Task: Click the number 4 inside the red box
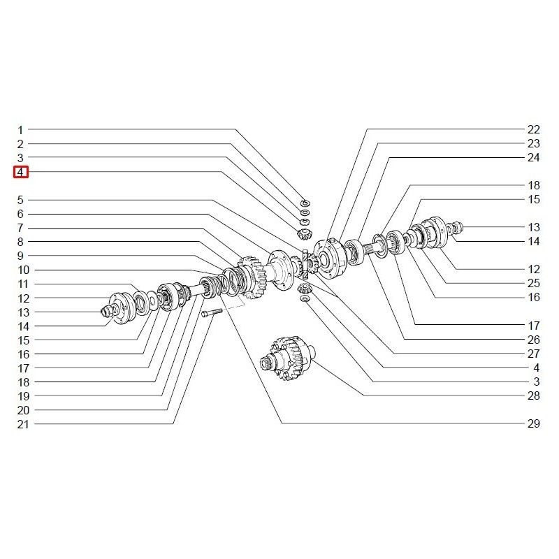(21, 172)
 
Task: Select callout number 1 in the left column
(20, 130)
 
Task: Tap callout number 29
(534, 423)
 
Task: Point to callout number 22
(534, 129)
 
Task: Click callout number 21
(23, 424)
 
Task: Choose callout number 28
(534, 395)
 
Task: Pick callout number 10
(24, 270)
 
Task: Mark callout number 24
(534, 157)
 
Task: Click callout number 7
(20, 228)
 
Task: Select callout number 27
(534, 354)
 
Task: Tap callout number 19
(23, 396)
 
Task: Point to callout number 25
(534, 283)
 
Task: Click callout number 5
(20, 200)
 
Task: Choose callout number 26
(534, 340)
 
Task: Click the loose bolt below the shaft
(212, 313)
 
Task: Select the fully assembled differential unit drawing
(287, 358)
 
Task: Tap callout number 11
(23, 284)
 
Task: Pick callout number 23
(534, 143)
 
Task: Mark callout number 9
(20, 256)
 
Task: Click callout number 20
(23, 410)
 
